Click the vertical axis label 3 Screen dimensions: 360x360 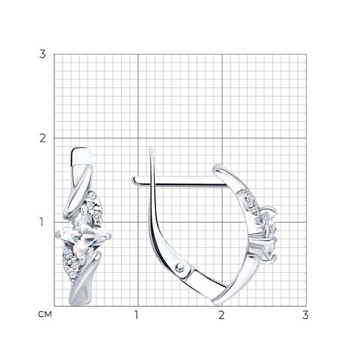42,54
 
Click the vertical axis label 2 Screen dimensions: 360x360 42,138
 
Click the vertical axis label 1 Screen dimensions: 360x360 42,222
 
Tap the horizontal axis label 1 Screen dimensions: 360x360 136,315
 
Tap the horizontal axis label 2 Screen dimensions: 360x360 221,315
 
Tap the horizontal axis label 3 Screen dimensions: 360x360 305,315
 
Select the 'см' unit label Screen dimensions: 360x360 45,315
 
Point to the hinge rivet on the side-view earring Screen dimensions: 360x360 179,267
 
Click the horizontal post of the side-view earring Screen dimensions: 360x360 180,181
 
